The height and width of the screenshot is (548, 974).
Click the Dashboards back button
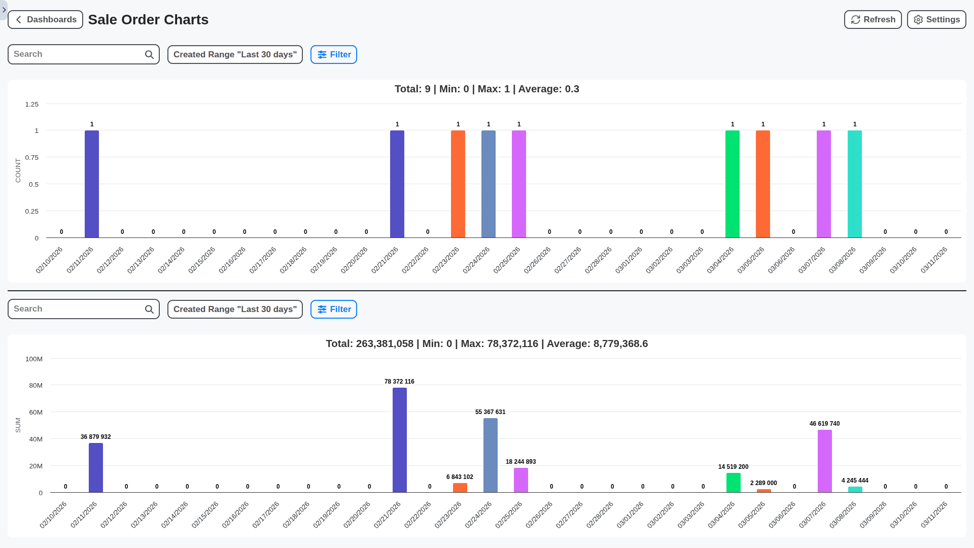(x=46, y=20)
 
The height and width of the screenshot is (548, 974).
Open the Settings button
(x=936, y=20)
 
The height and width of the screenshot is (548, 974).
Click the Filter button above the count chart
(x=334, y=55)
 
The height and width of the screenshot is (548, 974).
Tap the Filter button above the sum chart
(x=334, y=310)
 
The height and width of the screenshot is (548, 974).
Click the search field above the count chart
(x=76, y=54)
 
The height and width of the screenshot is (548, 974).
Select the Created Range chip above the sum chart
(x=235, y=310)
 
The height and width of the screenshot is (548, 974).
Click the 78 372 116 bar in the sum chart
(x=400, y=440)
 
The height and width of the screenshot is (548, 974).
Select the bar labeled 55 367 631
(x=491, y=455)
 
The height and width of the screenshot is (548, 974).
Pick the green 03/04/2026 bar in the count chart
(x=733, y=184)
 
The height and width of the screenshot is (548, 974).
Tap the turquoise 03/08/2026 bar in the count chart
(x=855, y=184)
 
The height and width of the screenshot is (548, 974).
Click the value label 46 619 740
(x=824, y=424)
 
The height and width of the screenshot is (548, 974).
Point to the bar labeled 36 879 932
(x=96, y=467)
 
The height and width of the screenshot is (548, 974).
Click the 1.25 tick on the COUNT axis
(x=32, y=105)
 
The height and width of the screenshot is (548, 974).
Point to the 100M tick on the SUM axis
(x=34, y=359)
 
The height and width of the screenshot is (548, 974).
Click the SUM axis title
(x=18, y=425)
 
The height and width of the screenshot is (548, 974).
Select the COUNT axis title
(x=18, y=170)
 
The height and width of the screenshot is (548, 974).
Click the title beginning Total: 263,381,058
(x=486, y=344)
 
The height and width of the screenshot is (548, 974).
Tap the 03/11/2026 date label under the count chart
(x=934, y=260)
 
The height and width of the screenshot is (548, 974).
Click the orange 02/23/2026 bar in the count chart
(x=458, y=184)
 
